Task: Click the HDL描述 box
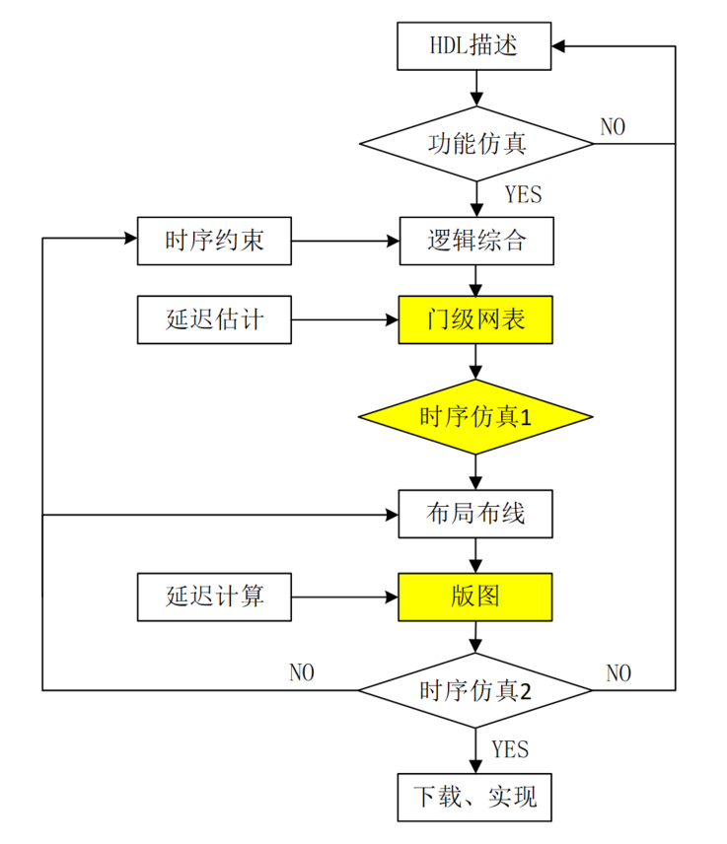click(474, 46)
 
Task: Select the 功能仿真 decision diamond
click(475, 144)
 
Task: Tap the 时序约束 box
click(214, 241)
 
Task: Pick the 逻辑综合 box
click(474, 241)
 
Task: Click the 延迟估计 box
click(214, 319)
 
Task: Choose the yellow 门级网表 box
click(474, 319)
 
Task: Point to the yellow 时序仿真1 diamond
click(474, 416)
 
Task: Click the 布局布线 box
click(474, 514)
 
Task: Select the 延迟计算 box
click(214, 596)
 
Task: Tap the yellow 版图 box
click(474, 596)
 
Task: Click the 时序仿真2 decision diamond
click(474, 690)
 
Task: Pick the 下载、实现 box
click(474, 795)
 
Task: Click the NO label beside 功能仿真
click(613, 126)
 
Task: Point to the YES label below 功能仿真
click(523, 194)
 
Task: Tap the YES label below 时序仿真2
click(510, 749)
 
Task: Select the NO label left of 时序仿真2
click(302, 672)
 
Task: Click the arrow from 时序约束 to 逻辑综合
click(345, 241)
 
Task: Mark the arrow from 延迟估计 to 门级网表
click(345, 319)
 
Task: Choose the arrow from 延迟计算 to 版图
click(345, 596)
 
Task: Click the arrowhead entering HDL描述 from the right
click(559, 46)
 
